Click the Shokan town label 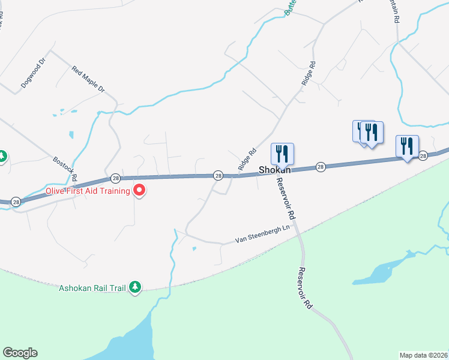(x=275, y=170)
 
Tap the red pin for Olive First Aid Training (x=140, y=191)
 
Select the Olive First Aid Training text (x=88, y=191)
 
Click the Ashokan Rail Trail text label (x=92, y=288)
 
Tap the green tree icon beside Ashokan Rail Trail (x=136, y=287)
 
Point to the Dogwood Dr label (x=34, y=73)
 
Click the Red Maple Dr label (x=88, y=80)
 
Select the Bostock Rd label (x=65, y=169)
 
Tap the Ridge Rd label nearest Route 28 (x=247, y=160)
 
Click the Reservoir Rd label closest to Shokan (x=286, y=197)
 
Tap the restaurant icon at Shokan (x=282, y=154)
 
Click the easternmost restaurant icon (x=408, y=146)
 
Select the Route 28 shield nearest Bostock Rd (x=115, y=178)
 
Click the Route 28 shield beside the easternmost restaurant (x=423, y=155)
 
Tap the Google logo (x=20, y=353)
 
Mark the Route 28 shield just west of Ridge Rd (x=218, y=175)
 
